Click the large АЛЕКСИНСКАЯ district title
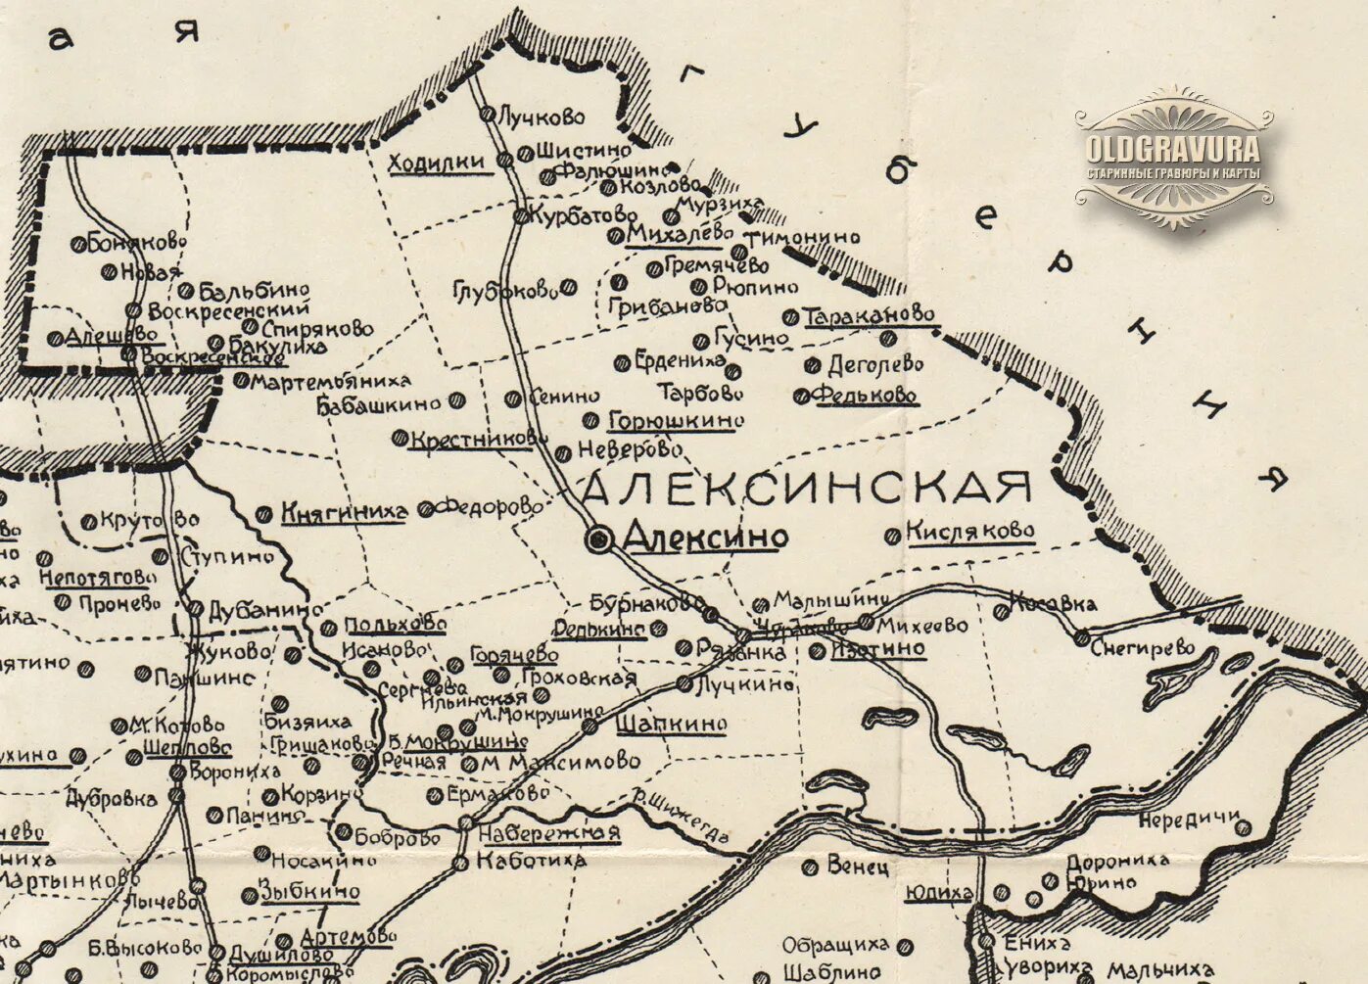[x=808, y=487]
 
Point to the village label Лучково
[x=542, y=117]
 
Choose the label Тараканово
[x=870, y=316]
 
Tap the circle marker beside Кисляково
[x=892, y=536]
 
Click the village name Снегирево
[x=1143, y=647]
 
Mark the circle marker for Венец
[x=809, y=867]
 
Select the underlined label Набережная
[x=549, y=833]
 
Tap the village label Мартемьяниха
[x=331, y=381]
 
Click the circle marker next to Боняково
[x=77, y=244]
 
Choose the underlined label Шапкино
[x=672, y=725]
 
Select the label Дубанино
[x=264, y=609]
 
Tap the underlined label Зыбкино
[x=309, y=892]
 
